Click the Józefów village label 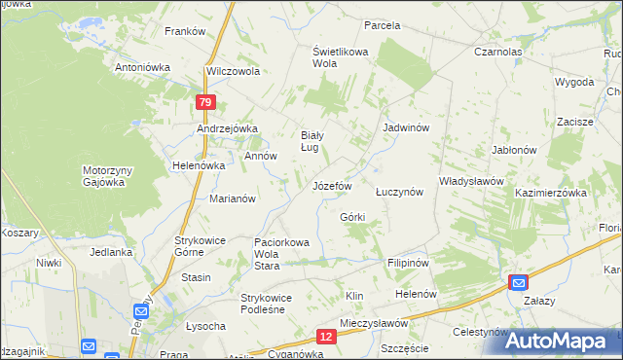click(331, 185)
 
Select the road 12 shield click(326, 336)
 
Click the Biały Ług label click(310, 141)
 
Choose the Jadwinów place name click(407, 127)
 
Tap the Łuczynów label click(399, 192)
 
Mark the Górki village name click(352, 216)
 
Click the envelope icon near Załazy click(518, 282)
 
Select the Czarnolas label click(497, 52)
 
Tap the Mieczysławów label click(373, 322)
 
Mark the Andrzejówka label click(226, 128)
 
